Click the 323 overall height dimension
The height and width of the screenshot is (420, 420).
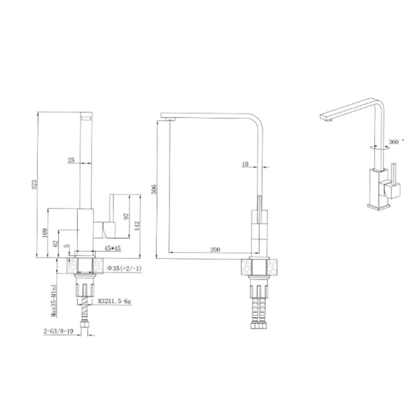(34, 185)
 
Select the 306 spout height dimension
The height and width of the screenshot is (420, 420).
(154, 189)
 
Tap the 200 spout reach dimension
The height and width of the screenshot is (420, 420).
(215, 249)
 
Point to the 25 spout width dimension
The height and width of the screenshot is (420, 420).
(71, 160)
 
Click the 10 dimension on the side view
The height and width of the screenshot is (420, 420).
(245, 164)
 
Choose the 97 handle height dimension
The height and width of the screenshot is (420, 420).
(126, 216)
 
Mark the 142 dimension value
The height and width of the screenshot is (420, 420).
(137, 226)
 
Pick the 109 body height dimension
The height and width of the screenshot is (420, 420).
(45, 233)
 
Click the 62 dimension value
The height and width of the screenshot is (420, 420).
(55, 244)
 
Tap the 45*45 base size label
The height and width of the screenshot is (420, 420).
(113, 248)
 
